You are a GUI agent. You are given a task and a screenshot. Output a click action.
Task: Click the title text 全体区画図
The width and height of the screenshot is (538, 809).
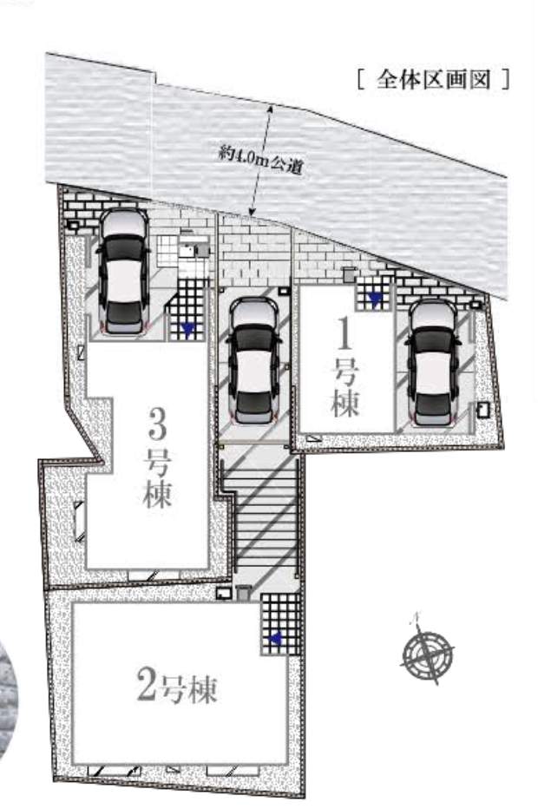433,80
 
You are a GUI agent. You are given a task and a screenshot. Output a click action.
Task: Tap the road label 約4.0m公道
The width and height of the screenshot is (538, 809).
260,160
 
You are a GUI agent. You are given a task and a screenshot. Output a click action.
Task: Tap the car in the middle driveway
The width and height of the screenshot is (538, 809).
253,360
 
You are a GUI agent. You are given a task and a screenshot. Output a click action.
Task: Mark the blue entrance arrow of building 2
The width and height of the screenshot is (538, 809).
275,640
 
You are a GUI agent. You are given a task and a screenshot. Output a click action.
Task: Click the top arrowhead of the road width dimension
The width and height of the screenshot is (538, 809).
270,109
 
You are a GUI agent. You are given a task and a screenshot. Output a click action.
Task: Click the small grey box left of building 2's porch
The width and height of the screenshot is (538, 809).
243,593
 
